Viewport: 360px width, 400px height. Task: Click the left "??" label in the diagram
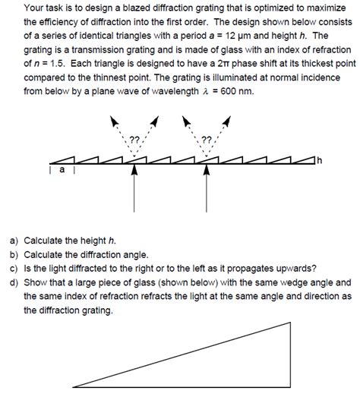point(134,140)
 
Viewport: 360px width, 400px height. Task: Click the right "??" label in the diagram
point(206,140)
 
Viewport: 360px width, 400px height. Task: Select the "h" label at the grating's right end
point(320,161)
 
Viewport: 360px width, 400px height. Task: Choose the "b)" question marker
point(14,255)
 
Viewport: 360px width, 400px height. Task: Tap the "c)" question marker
point(14,269)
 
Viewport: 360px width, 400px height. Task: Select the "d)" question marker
point(14,282)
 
